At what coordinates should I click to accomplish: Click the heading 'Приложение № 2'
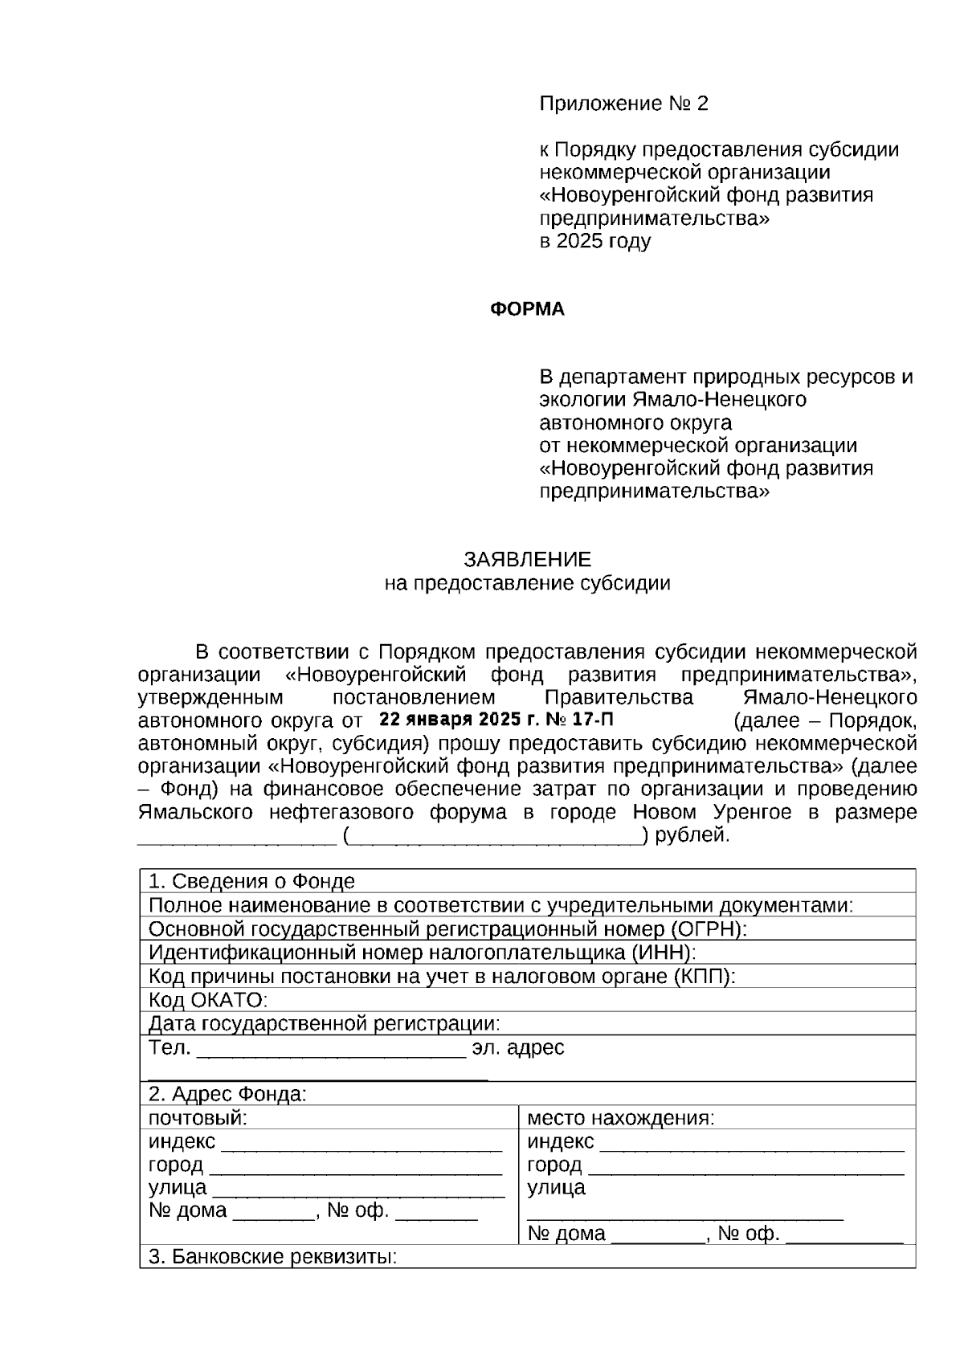(x=623, y=104)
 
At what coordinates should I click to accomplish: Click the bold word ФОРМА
(x=527, y=310)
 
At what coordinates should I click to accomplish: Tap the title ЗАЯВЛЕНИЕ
(x=527, y=559)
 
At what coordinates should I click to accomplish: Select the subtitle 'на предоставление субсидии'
(x=527, y=583)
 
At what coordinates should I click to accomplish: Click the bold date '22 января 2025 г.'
(x=455, y=719)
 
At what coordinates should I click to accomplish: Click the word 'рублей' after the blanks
(x=691, y=835)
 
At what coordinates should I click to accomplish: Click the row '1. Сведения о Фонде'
(x=252, y=882)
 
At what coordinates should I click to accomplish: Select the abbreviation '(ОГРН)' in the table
(x=707, y=929)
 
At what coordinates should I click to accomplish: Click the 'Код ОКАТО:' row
(x=208, y=1000)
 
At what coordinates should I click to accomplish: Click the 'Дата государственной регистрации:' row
(x=325, y=1023)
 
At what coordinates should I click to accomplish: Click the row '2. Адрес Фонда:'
(x=227, y=1094)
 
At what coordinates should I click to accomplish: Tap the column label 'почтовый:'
(x=198, y=1117)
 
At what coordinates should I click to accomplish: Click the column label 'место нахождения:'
(x=620, y=1117)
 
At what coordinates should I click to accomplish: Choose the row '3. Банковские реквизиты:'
(x=273, y=1256)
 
